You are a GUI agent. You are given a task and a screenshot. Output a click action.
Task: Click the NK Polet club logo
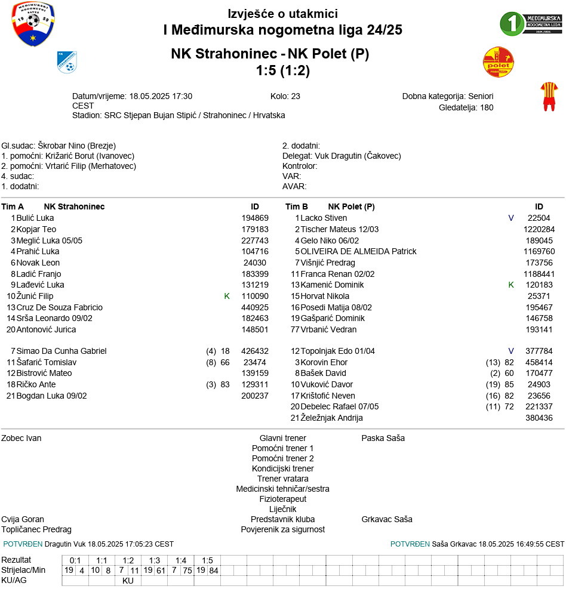point(498,62)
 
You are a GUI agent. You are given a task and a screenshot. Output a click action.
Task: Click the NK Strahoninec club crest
point(67,62)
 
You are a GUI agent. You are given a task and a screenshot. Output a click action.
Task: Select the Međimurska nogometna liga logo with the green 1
point(530,24)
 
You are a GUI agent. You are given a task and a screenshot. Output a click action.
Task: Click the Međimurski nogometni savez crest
point(33,24)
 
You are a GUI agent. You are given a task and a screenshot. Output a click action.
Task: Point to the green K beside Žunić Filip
point(227,296)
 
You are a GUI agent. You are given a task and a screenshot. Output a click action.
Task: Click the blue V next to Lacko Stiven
point(511,218)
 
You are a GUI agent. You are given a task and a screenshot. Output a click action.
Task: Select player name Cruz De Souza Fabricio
point(60,307)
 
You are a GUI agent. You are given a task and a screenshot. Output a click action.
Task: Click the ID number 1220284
point(539,229)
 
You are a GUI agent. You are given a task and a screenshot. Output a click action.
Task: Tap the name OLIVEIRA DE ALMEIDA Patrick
point(358,251)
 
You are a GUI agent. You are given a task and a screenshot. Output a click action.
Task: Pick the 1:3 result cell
point(154,560)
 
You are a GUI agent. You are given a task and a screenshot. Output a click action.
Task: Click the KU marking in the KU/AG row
point(128,581)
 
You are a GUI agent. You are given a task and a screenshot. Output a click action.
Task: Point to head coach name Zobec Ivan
point(21,438)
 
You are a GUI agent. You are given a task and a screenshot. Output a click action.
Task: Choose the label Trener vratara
point(282,479)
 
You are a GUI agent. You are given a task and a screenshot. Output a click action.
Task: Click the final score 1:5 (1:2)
point(282,70)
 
